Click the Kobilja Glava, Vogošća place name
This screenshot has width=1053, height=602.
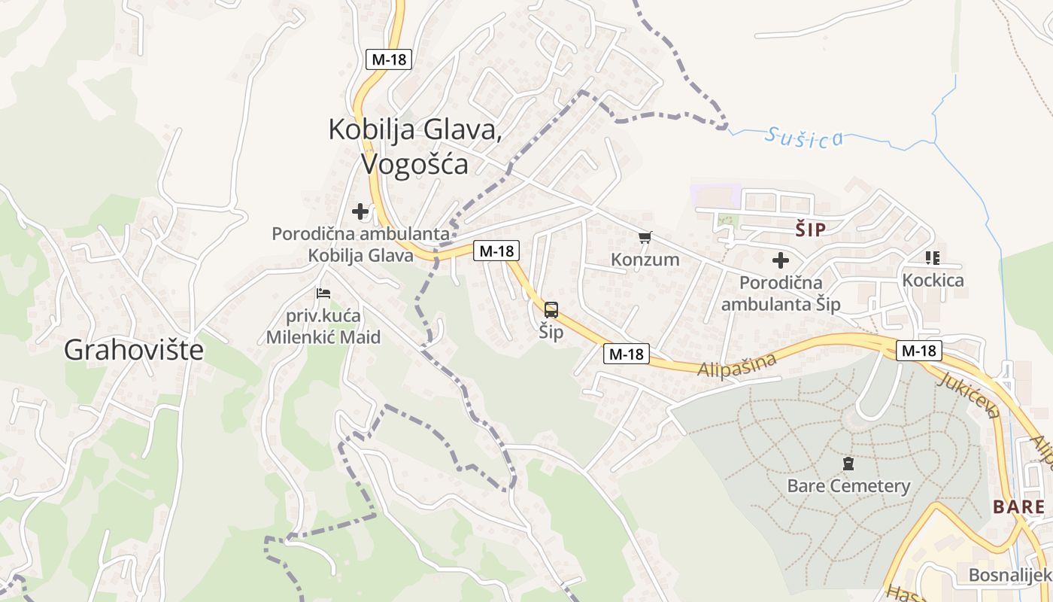(x=414, y=147)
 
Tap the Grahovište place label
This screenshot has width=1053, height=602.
(x=134, y=349)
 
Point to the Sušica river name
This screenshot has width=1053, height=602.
(x=804, y=138)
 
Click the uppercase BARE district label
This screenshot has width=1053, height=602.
(x=1018, y=506)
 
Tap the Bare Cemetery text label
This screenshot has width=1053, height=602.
(x=848, y=486)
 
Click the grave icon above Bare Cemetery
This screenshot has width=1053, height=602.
(x=848, y=464)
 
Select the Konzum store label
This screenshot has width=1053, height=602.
(x=645, y=260)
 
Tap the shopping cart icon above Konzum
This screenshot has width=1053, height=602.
(x=644, y=238)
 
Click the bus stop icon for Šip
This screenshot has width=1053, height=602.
(x=551, y=309)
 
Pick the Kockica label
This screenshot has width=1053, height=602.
(x=933, y=281)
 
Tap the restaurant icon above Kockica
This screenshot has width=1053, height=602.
(x=933, y=258)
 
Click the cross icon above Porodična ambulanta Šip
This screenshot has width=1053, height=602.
(x=781, y=260)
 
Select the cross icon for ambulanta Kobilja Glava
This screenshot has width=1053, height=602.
(x=361, y=211)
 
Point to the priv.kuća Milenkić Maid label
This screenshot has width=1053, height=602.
(x=323, y=326)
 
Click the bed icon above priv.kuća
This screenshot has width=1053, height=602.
(x=323, y=293)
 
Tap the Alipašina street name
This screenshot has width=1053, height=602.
(x=736, y=366)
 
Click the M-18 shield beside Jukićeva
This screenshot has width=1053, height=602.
(x=919, y=350)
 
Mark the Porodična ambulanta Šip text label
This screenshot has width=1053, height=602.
(x=781, y=293)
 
